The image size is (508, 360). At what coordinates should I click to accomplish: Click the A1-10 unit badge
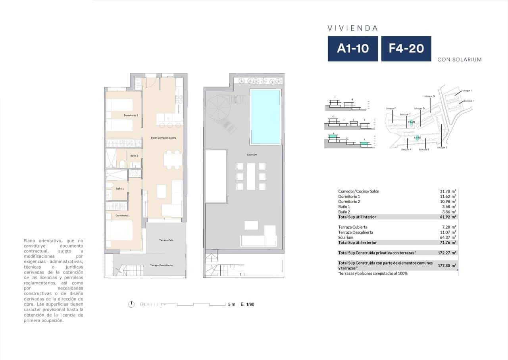[352, 48]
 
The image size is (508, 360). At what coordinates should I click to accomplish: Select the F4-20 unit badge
[406, 48]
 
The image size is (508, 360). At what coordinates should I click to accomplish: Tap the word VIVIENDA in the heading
[352, 28]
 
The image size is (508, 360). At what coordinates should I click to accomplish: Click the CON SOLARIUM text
[459, 60]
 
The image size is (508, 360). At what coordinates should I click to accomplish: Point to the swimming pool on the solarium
[265, 116]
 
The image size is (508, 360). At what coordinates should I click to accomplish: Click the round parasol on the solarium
[217, 105]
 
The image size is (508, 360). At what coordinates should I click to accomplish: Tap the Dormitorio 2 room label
[131, 115]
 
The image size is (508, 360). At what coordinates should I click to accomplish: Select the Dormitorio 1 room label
[123, 215]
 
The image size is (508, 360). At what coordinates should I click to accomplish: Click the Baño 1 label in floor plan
[120, 189]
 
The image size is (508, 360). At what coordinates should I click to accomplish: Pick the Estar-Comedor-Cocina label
[164, 138]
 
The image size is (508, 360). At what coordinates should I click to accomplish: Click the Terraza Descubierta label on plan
[161, 265]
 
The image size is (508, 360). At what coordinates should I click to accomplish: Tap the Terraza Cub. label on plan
[166, 241]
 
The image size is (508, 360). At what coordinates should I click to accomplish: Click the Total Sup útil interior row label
[357, 217]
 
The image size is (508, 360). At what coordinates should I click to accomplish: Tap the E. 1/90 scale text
[247, 304]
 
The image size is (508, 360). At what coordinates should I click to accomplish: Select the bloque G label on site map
[429, 96]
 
